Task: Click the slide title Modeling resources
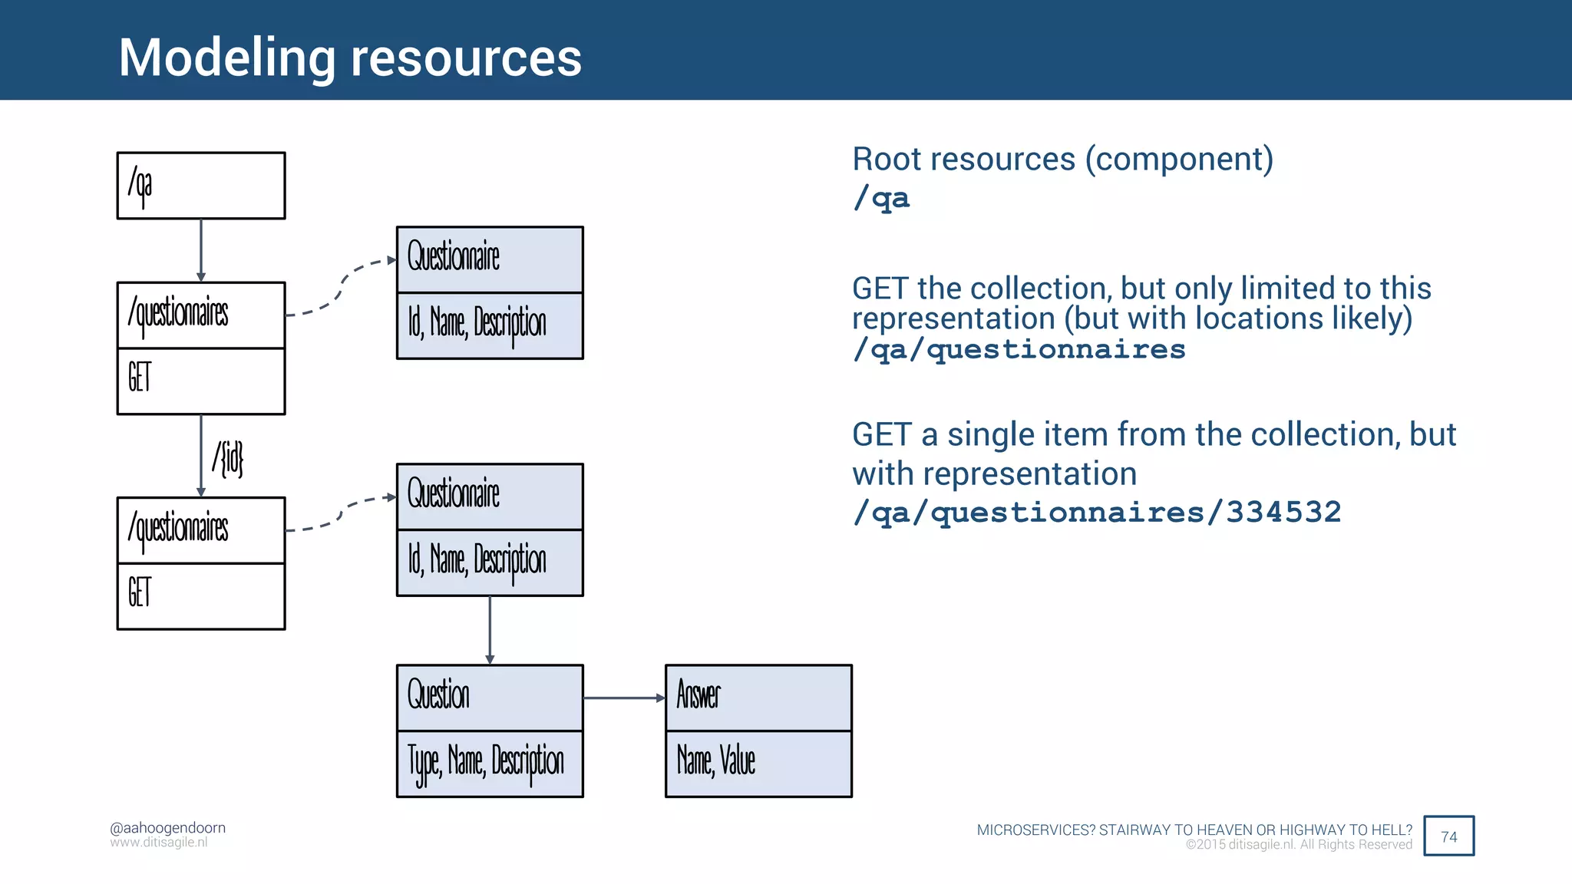point(350,58)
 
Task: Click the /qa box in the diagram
point(200,186)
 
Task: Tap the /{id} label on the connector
point(228,458)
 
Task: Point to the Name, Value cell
point(758,763)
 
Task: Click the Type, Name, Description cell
point(489,763)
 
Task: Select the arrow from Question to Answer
point(623,698)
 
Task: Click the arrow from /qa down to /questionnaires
point(201,250)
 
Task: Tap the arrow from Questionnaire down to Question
point(490,629)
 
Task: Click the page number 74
point(1448,836)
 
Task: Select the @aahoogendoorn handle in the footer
point(167,828)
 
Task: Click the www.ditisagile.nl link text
point(158,843)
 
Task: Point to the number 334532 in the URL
point(1283,512)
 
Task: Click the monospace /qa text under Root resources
point(881,198)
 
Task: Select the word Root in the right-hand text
point(886,159)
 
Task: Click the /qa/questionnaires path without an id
point(1019,349)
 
